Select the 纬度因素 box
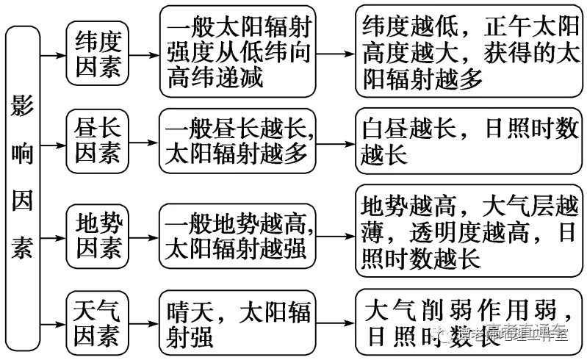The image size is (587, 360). pos(98,54)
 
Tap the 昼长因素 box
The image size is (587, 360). pos(98,142)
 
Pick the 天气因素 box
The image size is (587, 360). pos(98,323)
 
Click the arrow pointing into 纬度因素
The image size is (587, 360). pos(52,54)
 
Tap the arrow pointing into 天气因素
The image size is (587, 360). pos(52,323)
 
